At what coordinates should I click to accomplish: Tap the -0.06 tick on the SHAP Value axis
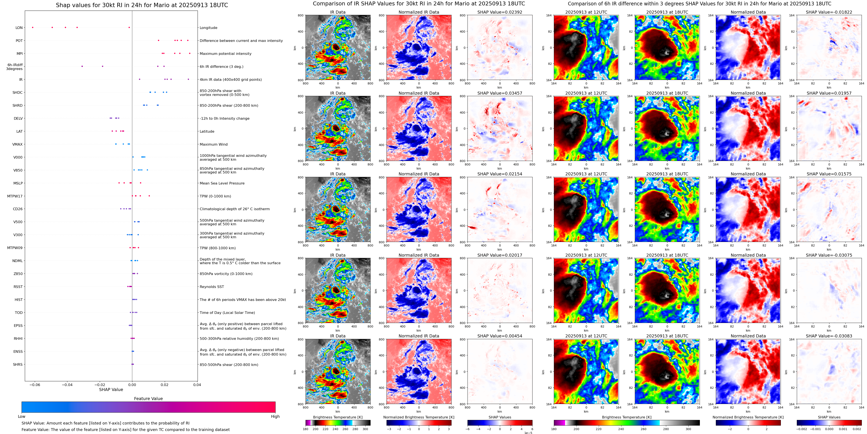click(35, 385)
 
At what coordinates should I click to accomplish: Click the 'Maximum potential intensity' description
click(225, 54)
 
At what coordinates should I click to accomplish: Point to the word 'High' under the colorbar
click(275, 417)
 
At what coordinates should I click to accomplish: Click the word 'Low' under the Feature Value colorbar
click(22, 417)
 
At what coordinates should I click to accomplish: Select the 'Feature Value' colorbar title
click(148, 399)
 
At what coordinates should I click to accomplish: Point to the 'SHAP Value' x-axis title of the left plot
click(111, 389)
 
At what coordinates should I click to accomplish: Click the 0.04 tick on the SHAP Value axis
click(197, 385)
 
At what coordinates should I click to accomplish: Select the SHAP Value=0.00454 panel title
click(499, 336)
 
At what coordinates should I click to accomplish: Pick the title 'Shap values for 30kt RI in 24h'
click(142, 5)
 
